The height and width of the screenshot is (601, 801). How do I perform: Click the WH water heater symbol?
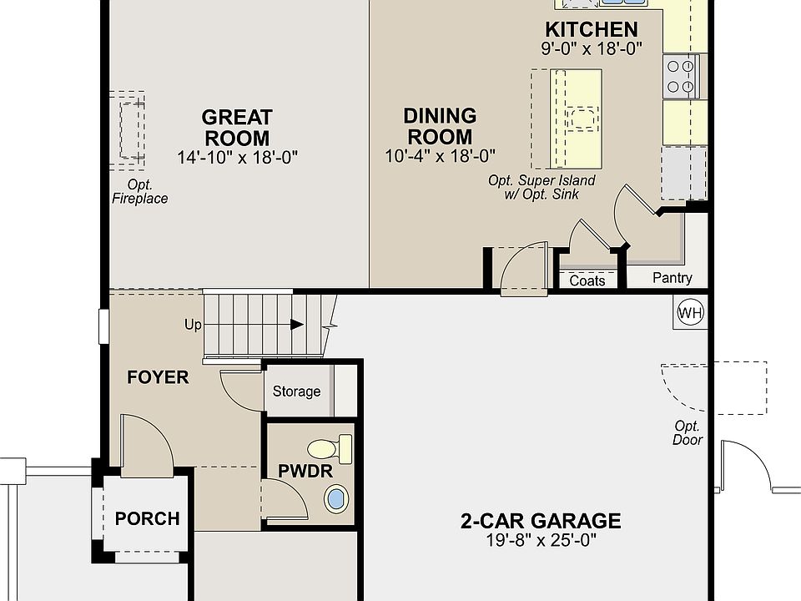[690, 311]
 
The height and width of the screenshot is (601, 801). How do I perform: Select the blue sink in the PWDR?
[336, 498]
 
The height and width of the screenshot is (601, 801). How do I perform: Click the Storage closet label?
[296, 391]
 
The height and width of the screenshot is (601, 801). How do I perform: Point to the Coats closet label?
[587, 280]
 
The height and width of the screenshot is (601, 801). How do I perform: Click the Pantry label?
[673, 277]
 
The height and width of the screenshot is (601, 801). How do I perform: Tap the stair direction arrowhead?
[297, 324]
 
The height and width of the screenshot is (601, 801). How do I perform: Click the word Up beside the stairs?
[193, 325]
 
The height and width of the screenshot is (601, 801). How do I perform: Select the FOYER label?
[158, 377]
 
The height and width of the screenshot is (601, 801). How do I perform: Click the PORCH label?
[147, 518]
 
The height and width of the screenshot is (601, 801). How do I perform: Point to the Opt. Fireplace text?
[140, 192]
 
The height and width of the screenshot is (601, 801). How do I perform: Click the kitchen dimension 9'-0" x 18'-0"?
[592, 48]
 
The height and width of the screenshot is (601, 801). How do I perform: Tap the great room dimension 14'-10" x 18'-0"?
[237, 157]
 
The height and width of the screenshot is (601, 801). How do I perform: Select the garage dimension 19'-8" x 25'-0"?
[541, 540]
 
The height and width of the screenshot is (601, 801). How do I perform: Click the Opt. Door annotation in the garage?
[687, 433]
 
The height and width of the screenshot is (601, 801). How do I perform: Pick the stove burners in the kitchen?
[681, 77]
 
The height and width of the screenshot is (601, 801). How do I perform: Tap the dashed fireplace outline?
[127, 130]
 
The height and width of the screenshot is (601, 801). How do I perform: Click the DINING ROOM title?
[440, 126]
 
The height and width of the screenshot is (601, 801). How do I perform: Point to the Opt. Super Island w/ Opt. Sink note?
[542, 187]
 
